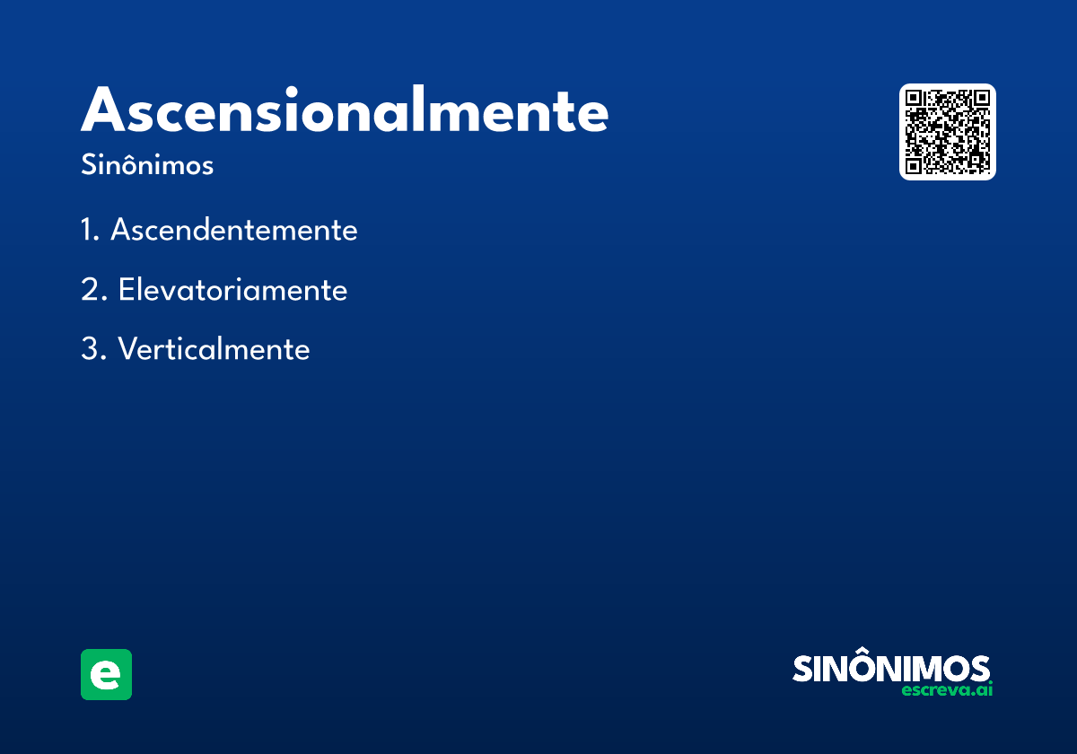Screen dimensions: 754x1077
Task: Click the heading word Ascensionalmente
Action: tap(345, 111)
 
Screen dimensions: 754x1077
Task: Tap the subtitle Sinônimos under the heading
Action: tap(147, 166)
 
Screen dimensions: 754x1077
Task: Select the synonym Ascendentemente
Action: tap(233, 231)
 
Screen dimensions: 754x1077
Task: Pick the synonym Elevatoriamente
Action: tap(232, 290)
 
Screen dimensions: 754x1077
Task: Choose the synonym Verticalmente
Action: tap(214, 349)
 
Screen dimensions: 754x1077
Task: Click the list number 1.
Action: tap(88, 231)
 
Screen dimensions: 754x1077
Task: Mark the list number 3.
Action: tap(92, 349)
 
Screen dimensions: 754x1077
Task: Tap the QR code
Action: tap(948, 132)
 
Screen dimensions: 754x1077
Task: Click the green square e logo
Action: tap(106, 674)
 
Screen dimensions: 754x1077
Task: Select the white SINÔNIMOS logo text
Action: tap(891, 669)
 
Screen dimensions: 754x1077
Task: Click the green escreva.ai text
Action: tap(947, 690)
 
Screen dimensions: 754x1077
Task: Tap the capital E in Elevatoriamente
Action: tap(127, 290)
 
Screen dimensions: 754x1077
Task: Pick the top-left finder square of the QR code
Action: tap(915, 99)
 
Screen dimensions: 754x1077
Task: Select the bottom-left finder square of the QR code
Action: tap(915, 165)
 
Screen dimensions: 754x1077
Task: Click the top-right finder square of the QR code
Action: tap(981, 99)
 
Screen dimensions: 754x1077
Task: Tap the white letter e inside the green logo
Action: tap(106, 675)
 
